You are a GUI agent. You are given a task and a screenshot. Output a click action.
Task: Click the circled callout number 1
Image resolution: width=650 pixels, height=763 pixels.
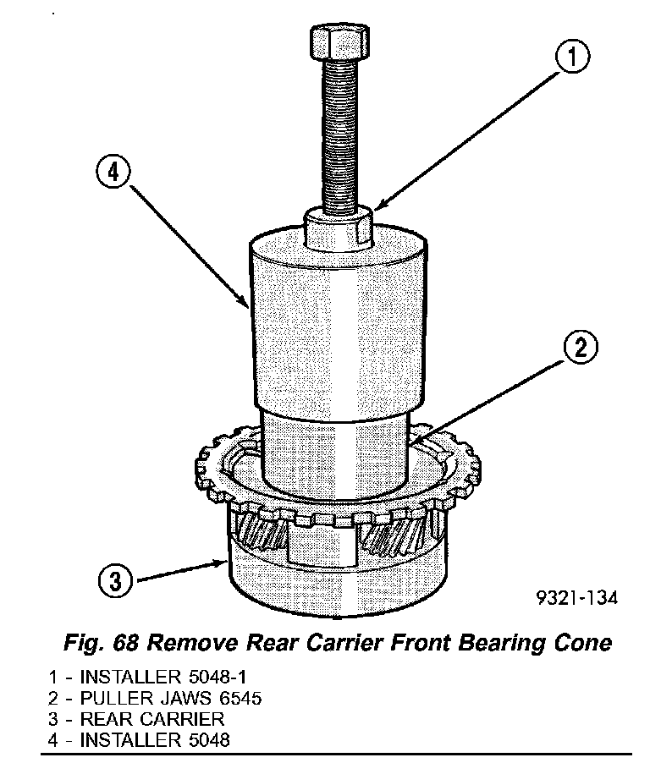pyautogui.click(x=572, y=58)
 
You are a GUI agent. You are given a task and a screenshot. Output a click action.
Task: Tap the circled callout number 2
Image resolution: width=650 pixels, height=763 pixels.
pyautogui.click(x=581, y=349)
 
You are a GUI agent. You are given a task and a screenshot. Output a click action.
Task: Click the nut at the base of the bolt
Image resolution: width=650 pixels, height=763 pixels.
pyautogui.click(x=338, y=228)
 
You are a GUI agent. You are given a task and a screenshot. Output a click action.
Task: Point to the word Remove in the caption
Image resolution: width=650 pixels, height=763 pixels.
pyautogui.click(x=192, y=643)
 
